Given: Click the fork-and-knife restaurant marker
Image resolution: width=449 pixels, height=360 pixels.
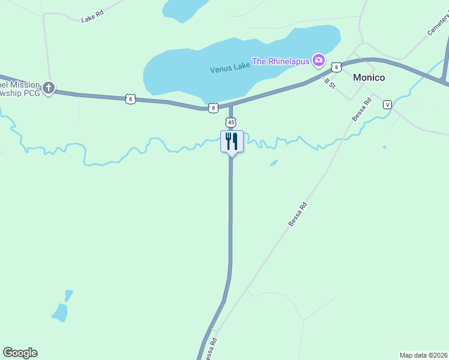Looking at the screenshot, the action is (x=232, y=142).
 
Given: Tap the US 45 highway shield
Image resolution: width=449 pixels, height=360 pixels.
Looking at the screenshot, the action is (x=231, y=122).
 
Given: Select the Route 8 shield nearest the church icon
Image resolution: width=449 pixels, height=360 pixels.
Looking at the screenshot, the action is (x=130, y=99).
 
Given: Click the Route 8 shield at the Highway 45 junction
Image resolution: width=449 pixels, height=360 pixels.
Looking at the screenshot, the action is (x=213, y=108).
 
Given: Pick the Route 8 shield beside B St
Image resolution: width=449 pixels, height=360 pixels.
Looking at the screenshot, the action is (x=336, y=67).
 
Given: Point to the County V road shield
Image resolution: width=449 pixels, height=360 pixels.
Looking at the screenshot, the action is (x=387, y=104).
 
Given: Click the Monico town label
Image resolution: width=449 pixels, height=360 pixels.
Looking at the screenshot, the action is (x=369, y=77).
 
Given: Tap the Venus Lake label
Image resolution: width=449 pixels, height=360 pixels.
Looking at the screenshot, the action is (x=229, y=68).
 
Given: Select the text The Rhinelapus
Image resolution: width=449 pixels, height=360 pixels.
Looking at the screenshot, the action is (x=280, y=61).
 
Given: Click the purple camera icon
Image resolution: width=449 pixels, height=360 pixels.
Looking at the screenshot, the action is (x=318, y=60).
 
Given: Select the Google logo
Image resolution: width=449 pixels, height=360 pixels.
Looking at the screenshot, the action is (x=20, y=353).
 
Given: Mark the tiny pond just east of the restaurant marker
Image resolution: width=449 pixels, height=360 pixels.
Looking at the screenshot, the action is (x=274, y=162).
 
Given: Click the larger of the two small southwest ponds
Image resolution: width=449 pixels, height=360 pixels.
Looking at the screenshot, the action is (x=59, y=312).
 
